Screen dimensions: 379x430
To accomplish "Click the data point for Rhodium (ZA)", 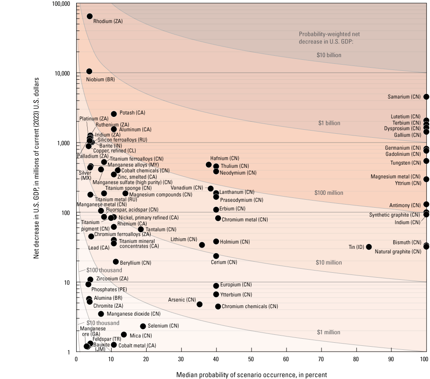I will click(89, 16).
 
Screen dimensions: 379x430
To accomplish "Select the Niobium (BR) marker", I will click(89, 71).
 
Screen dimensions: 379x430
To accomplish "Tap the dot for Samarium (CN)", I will click(426, 97).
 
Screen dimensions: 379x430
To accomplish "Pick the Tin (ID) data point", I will click(369, 247).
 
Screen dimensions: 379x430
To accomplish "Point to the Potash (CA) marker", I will click(114, 114).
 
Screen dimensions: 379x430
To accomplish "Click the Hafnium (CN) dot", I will click(209, 165).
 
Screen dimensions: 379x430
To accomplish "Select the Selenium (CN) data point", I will click(143, 326).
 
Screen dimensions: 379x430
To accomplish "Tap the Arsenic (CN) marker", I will click(200, 304).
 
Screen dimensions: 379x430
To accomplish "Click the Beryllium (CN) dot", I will click(116, 262).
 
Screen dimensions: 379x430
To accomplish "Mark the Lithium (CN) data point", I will click(202, 245).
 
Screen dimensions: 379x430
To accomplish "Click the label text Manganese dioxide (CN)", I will click(134, 314).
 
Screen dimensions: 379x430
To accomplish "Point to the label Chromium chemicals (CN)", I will click(250, 306).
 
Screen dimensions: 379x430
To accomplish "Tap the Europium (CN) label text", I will click(236, 285).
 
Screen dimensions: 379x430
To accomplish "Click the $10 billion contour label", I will click(329, 55).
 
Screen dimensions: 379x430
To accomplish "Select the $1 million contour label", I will click(329, 333).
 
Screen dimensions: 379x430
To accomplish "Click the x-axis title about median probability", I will click(252, 375).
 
